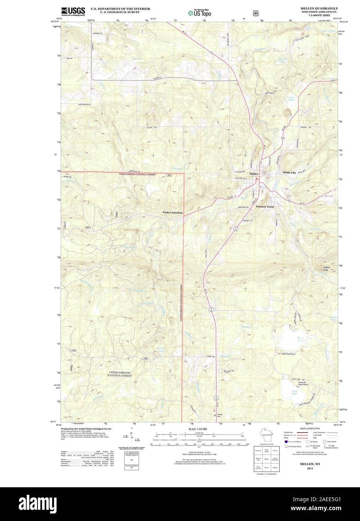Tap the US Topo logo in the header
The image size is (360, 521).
pos(200,13)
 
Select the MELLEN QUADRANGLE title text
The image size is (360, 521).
pos(319,8)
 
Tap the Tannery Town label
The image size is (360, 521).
pos(264,207)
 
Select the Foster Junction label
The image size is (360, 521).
pos(172,213)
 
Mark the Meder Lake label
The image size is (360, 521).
pos(290,340)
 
